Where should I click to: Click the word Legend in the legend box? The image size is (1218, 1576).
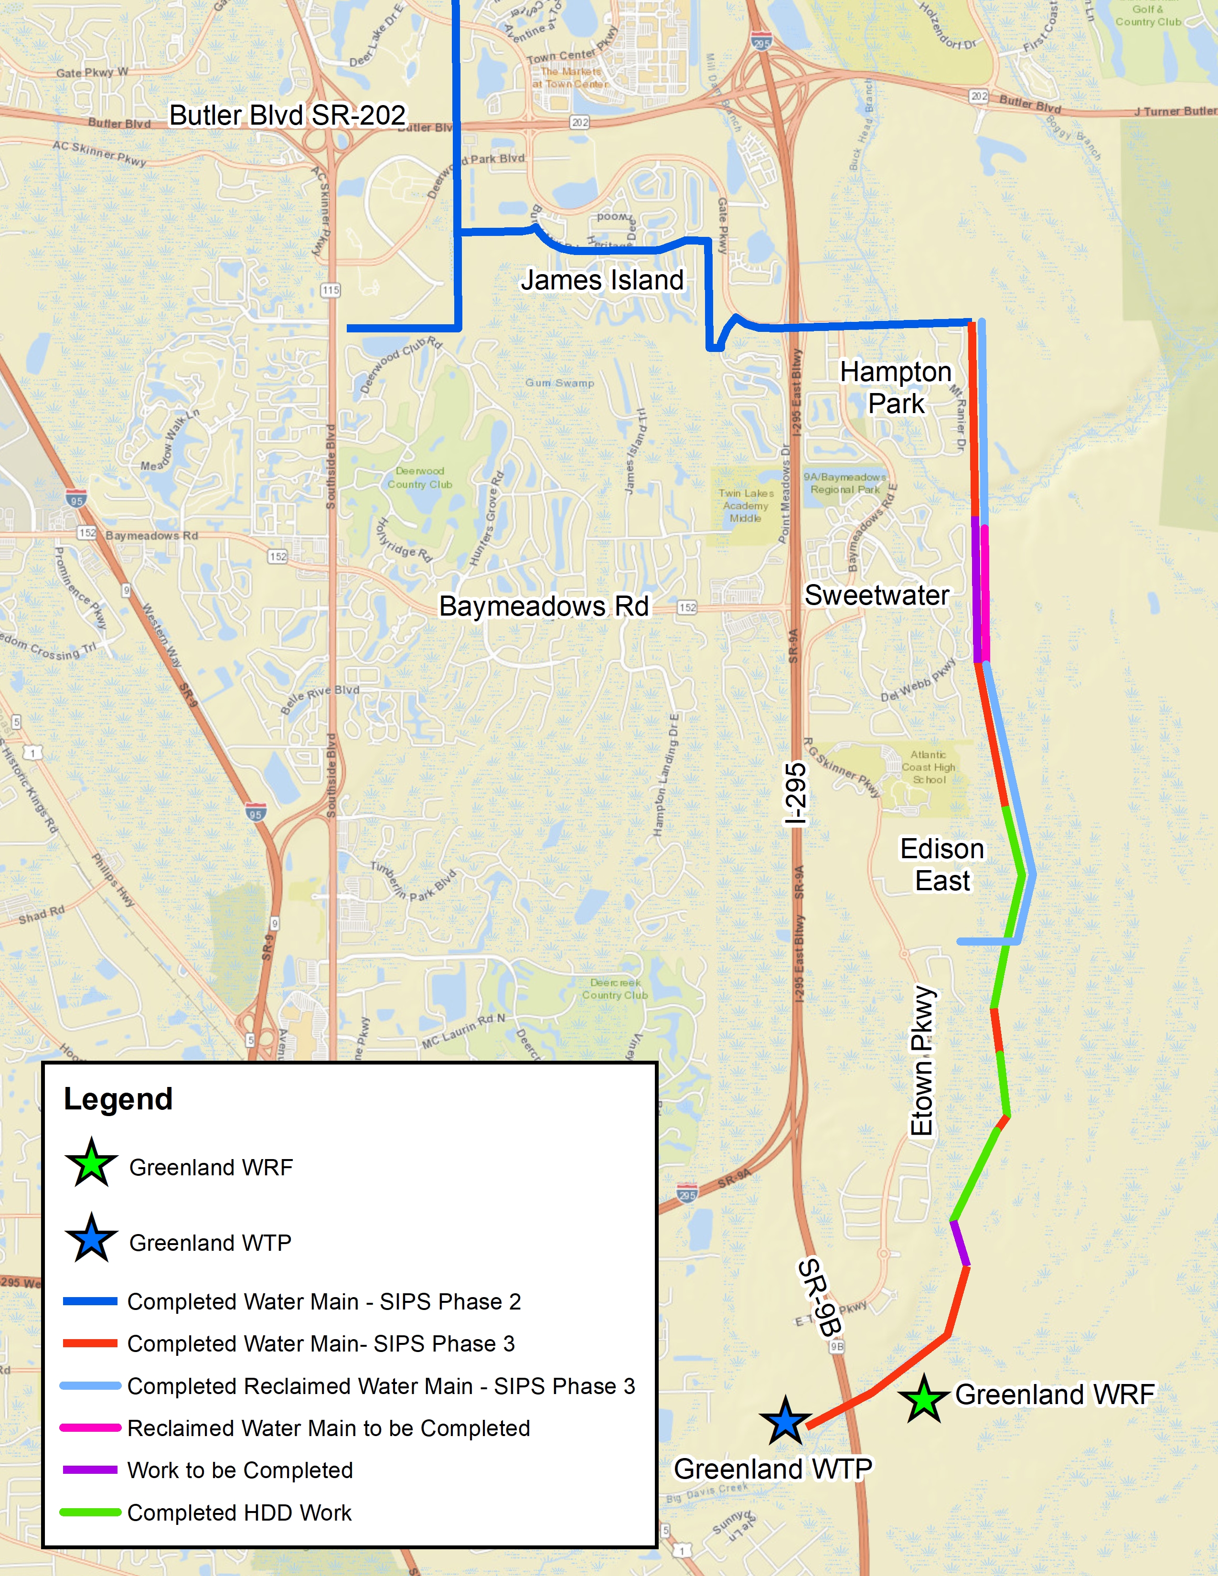(x=118, y=1099)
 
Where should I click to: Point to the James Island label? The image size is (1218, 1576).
(x=602, y=280)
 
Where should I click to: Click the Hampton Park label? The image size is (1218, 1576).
(x=896, y=387)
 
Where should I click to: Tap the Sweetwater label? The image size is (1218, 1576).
(x=876, y=596)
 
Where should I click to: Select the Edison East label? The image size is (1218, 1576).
(x=941, y=864)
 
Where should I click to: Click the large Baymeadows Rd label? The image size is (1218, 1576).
(x=544, y=606)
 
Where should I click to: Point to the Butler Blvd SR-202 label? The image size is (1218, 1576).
(x=287, y=116)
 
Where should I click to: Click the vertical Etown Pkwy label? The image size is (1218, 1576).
(x=922, y=1061)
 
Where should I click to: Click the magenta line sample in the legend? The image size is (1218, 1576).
(x=90, y=1427)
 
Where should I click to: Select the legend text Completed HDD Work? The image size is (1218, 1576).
(x=239, y=1512)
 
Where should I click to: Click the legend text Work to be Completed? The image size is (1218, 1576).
(x=240, y=1470)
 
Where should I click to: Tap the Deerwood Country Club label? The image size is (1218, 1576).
(x=419, y=478)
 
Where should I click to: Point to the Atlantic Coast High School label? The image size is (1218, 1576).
(x=928, y=767)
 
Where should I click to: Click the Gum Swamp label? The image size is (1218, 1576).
(x=559, y=383)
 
